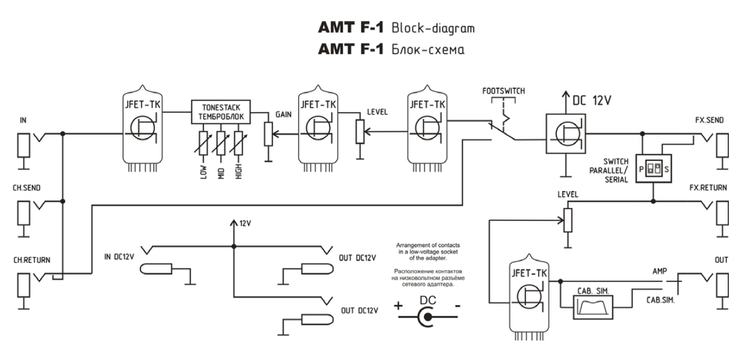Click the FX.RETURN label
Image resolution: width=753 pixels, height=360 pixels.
click(x=708, y=188)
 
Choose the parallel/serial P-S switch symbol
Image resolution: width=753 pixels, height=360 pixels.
click(x=653, y=169)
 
